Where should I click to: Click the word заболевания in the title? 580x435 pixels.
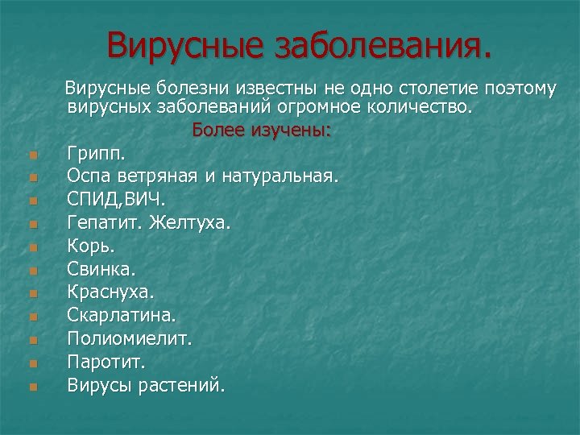click(382, 46)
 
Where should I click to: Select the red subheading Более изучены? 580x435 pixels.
click(262, 130)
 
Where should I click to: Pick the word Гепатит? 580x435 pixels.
click(103, 222)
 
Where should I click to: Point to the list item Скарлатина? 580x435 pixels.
click(122, 314)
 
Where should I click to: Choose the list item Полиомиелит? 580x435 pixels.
click(130, 338)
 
